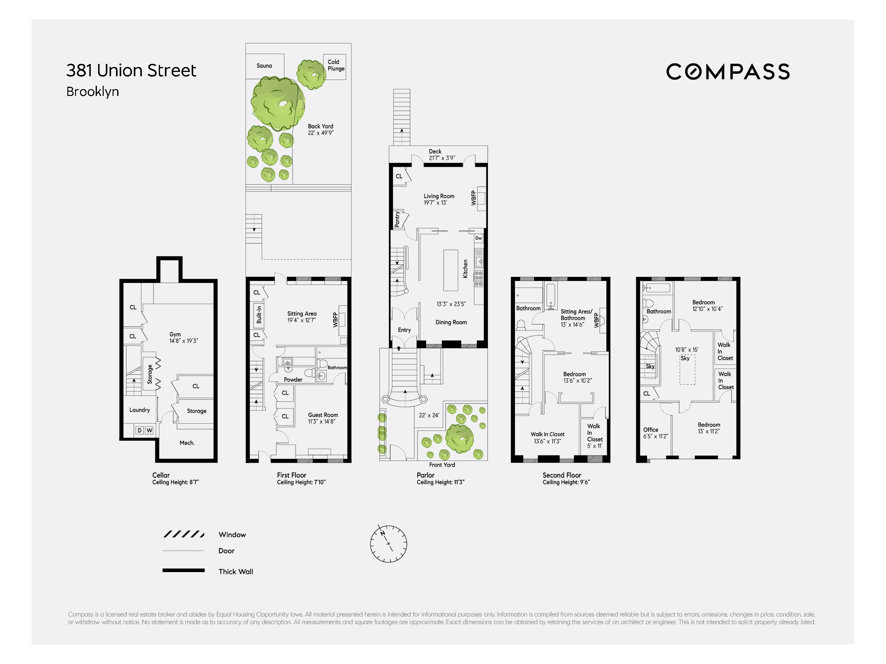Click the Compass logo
click(x=728, y=72)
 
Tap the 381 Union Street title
click(x=131, y=70)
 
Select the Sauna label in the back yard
click(x=264, y=66)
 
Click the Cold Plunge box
click(x=334, y=67)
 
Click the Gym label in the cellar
click(x=175, y=334)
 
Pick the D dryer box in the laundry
click(x=139, y=430)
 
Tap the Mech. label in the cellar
click(x=187, y=443)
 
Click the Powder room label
click(x=293, y=379)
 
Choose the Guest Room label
click(x=323, y=415)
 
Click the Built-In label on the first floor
click(x=259, y=314)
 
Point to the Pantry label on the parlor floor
click(x=397, y=219)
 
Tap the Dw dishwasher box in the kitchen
click(x=479, y=238)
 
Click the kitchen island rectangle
click(x=451, y=270)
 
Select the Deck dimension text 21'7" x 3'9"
click(x=442, y=158)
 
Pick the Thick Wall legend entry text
click(x=236, y=571)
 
